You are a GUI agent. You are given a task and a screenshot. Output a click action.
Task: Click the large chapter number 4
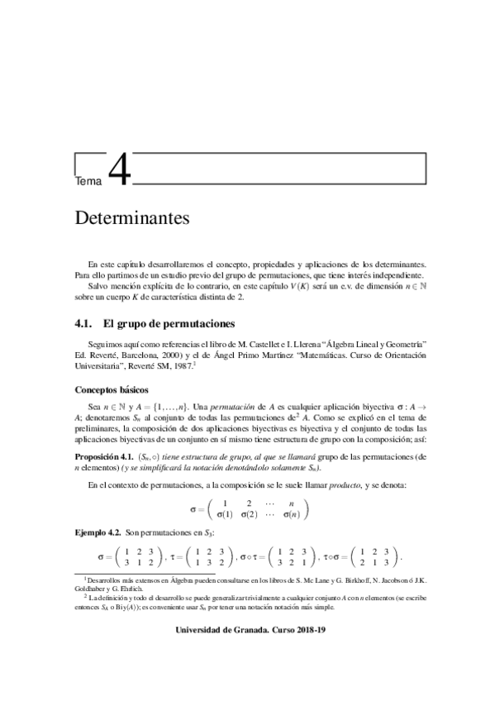[118, 172]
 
